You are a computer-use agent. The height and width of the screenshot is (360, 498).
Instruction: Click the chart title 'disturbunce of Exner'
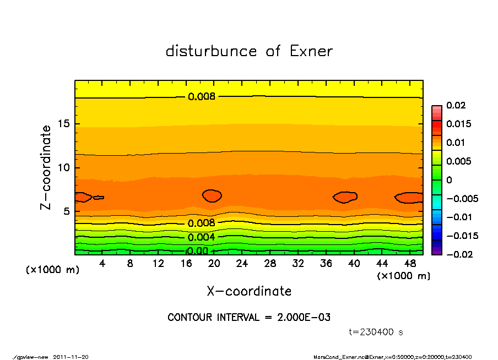click(x=249, y=51)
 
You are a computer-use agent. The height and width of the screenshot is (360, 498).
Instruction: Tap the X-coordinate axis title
click(x=249, y=291)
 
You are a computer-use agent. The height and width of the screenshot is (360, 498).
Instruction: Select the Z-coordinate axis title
click(x=46, y=167)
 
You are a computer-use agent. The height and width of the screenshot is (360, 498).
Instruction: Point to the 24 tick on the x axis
click(x=242, y=263)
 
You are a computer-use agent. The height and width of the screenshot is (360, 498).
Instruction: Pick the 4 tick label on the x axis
click(x=102, y=263)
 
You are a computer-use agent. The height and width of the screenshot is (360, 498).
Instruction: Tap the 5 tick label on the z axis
click(x=66, y=211)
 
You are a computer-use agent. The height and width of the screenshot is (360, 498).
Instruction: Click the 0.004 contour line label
click(x=202, y=237)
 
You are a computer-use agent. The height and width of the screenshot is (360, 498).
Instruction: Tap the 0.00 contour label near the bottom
click(x=197, y=251)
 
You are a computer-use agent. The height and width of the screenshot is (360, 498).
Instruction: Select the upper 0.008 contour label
click(x=202, y=97)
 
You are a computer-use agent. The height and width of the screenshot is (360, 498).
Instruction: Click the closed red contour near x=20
click(x=212, y=195)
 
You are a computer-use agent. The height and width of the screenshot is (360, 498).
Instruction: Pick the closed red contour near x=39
click(x=345, y=197)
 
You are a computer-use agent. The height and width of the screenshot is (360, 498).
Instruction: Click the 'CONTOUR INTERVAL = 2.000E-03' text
click(x=249, y=318)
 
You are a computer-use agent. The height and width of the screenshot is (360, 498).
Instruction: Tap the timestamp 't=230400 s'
click(x=377, y=332)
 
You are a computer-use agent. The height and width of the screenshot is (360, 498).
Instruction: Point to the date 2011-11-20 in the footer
click(x=71, y=357)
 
